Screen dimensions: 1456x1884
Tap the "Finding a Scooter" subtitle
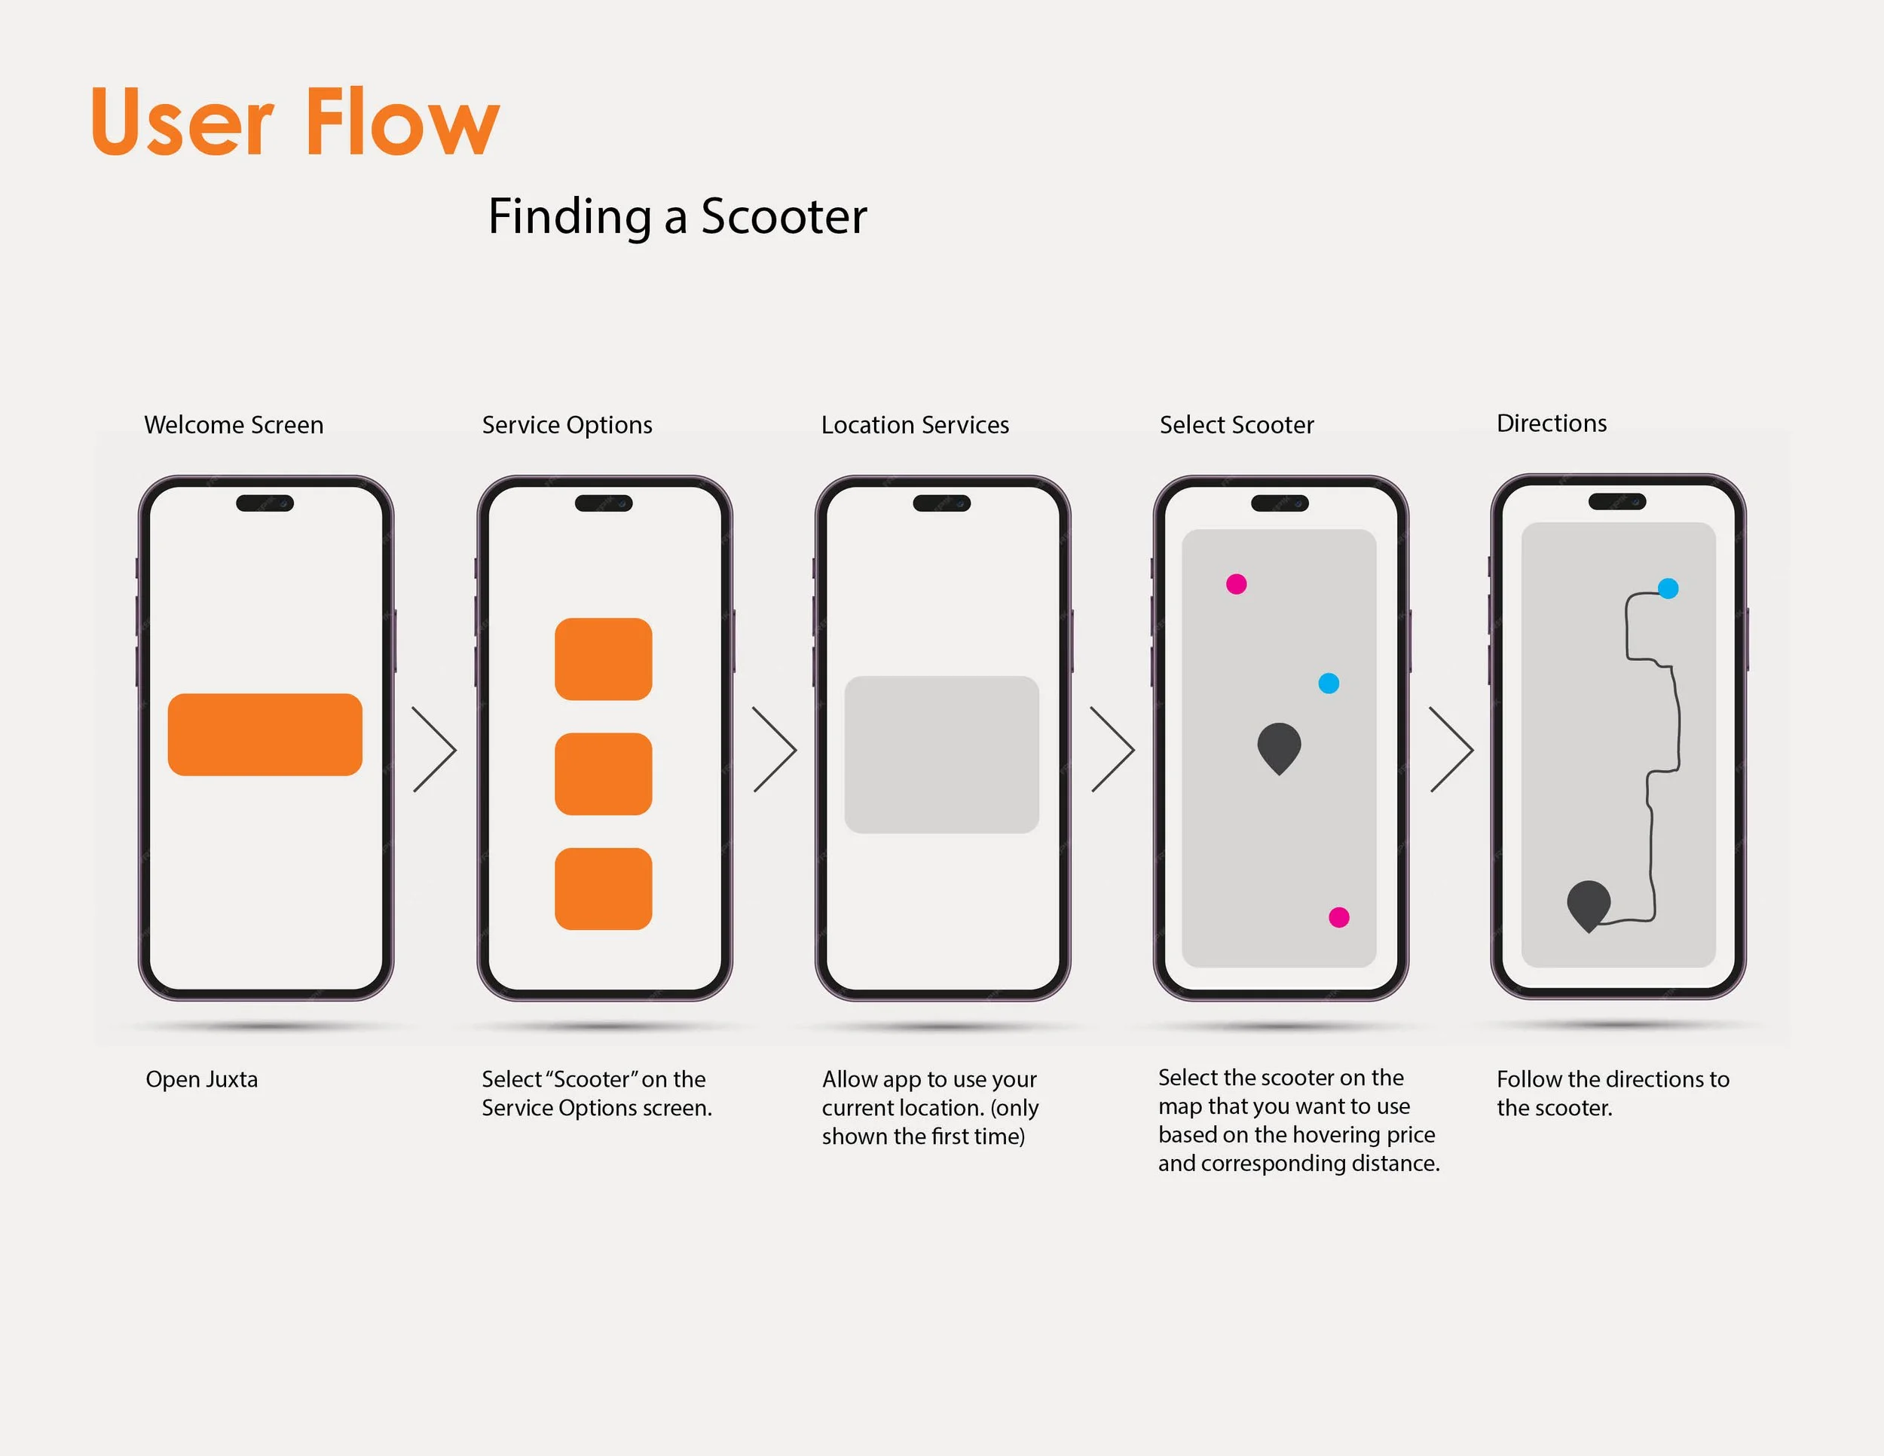tap(677, 216)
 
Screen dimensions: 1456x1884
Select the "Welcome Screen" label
tap(234, 424)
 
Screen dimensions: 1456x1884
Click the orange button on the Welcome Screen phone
tap(265, 734)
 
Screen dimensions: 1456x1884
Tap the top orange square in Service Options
tap(603, 659)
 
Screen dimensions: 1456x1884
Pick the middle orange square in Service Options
tap(603, 774)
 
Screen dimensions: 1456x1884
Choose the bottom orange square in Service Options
tap(603, 889)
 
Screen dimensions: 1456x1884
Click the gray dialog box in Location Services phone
tap(941, 754)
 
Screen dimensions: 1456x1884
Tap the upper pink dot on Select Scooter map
tap(1236, 584)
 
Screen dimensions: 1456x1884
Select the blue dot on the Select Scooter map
tap(1329, 683)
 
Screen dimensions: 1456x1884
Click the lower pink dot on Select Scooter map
tap(1339, 917)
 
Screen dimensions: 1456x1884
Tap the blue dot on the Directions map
tap(1668, 589)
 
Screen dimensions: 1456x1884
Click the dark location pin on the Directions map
tap(1588, 903)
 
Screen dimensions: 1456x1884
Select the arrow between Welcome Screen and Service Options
tap(435, 750)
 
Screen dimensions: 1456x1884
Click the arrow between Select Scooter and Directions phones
tap(1452, 750)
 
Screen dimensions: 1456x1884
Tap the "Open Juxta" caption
tap(202, 1079)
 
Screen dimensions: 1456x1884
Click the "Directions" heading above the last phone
tap(1551, 423)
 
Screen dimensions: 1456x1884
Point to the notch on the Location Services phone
tap(941, 503)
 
